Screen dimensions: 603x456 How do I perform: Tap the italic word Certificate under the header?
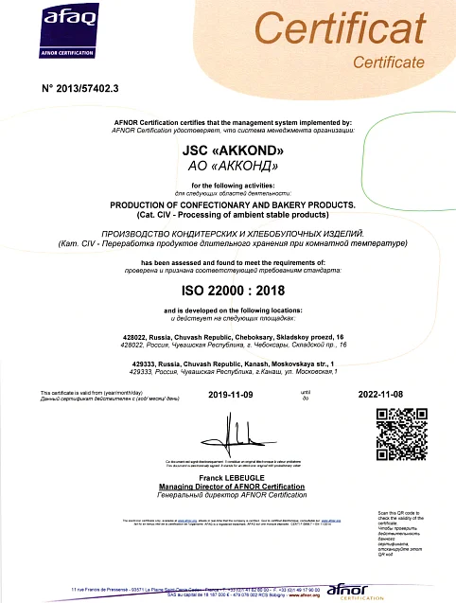(x=388, y=62)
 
